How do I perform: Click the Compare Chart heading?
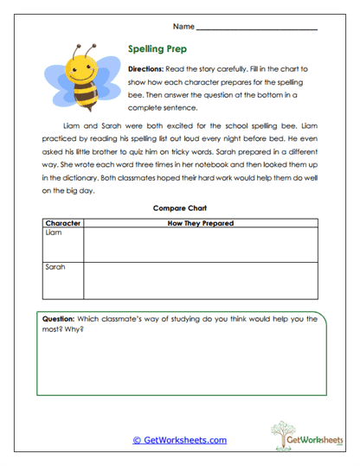click(x=179, y=208)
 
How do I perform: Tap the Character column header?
click(x=62, y=223)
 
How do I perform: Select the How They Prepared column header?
click(x=200, y=223)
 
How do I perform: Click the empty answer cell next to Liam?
click(x=200, y=245)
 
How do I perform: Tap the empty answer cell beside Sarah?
click(x=200, y=279)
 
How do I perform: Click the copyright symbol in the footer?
click(x=136, y=440)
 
